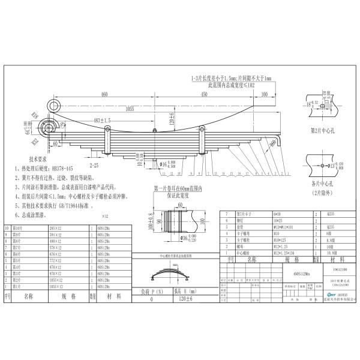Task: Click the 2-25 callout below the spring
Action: coord(94,163)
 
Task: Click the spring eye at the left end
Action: coord(49,125)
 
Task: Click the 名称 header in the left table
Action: coord(28,296)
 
